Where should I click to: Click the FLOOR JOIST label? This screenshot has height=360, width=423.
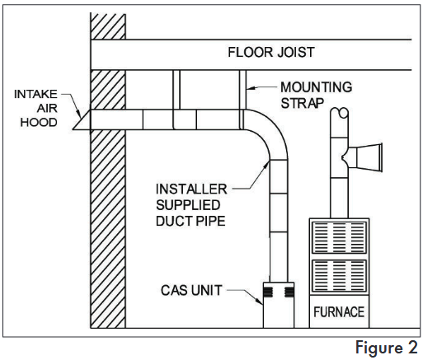pyautogui.click(x=271, y=52)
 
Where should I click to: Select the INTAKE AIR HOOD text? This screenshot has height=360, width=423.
pyautogui.click(x=35, y=108)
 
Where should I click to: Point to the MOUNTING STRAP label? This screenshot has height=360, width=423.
pyautogui.click(x=316, y=95)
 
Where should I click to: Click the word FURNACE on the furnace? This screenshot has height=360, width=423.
pyautogui.click(x=339, y=312)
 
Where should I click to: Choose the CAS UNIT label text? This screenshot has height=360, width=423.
pyautogui.click(x=191, y=290)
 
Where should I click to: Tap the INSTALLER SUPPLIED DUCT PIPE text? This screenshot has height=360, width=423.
pyautogui.click(x=191, y=205)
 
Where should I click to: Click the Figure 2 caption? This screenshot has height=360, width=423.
pyautogui.click(x=387, y=348)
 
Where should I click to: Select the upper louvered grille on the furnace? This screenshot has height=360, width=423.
pyautogui.click(x=340, y=238)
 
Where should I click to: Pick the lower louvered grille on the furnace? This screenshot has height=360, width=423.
pyautogui.click(x=340, y=276)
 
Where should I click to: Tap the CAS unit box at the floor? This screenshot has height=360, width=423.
pyautogui.click(x=279, y=305)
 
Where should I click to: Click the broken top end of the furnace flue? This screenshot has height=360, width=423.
pyautogui.click(x=340, y=113)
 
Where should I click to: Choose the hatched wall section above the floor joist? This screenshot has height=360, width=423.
pyautogui.click(x=108, y=26)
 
